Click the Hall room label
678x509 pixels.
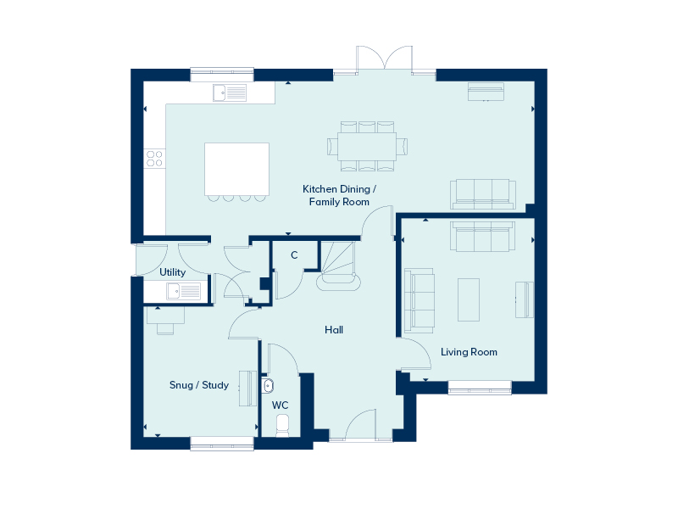coord(334,330)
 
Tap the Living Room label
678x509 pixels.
coord(469,352)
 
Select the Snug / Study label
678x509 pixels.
coord(199,385)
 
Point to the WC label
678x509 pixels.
coord(280,406)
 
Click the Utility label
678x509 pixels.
coord(173,272)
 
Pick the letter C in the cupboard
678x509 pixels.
coord(294,255)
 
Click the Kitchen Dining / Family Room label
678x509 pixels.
coord(340,195)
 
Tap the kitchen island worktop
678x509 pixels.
coord(236,169)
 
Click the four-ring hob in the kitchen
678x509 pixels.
coord(154,159)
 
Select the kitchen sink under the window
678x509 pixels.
coord(230,92)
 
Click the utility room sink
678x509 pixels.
coord(184,291)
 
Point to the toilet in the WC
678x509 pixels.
coord(282,426)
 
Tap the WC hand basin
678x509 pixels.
coord(267,385)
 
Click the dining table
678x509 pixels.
coord(367,146)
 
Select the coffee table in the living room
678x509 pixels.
coord(469,299)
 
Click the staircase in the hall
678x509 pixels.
coord(338,266)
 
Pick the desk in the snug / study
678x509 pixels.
coord(165,315)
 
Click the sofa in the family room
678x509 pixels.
coord(483,194)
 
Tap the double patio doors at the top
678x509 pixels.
coord(384,58)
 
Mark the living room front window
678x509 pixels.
coord(480,388)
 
